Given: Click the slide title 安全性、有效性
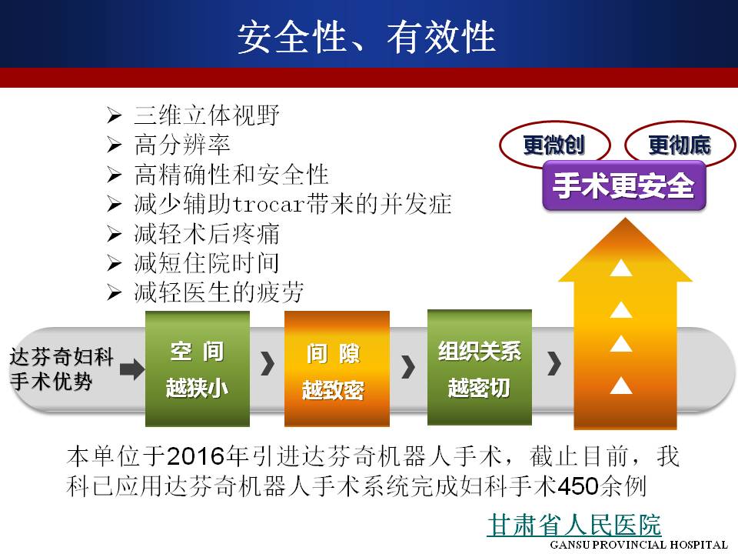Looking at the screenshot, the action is coord(366,37).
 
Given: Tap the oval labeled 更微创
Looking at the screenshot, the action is coord(554,145).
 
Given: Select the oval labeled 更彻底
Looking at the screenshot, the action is coord(680,145).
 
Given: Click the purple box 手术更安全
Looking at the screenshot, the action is coord(623,185).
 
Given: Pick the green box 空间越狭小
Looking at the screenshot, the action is coord(198,369).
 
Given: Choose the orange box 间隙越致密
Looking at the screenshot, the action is coord(337,369).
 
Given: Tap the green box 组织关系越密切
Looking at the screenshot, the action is coord(480,368).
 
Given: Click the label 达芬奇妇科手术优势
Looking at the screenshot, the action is coord(61,369).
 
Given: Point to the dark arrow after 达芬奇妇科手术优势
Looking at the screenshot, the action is coord(131,369).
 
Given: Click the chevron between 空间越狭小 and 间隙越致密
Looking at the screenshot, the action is coord(268,364).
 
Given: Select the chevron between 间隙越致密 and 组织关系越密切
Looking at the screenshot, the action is coord(408,366).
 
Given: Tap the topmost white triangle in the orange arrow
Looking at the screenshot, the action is coord(621,268).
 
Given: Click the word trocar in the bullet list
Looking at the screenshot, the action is coord(268,205).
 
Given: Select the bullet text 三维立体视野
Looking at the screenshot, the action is coord(207,115).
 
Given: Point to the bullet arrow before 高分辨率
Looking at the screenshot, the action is coord(114,145).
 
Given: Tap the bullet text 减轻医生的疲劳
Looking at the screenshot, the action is coord(219,292).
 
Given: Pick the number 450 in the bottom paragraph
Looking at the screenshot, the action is coord(577,486).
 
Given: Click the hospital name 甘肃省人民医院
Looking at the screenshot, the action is coord(574,524).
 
